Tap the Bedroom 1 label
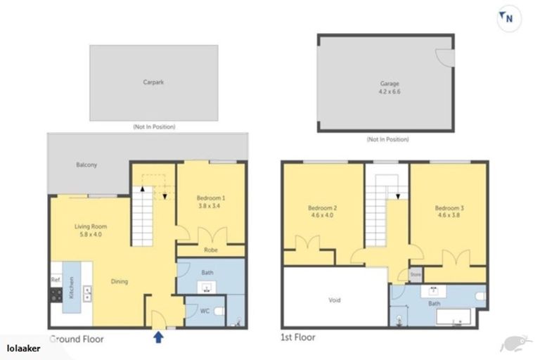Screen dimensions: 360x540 pos(211,199)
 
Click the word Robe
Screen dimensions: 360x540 pos(210,250)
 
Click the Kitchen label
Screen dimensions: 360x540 pos(71,290)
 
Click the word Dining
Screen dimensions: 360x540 pos(120,282)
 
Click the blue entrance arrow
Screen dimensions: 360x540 pos(158,337)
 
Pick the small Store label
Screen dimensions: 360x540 pos(415,274)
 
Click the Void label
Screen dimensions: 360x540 pos(334,300)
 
